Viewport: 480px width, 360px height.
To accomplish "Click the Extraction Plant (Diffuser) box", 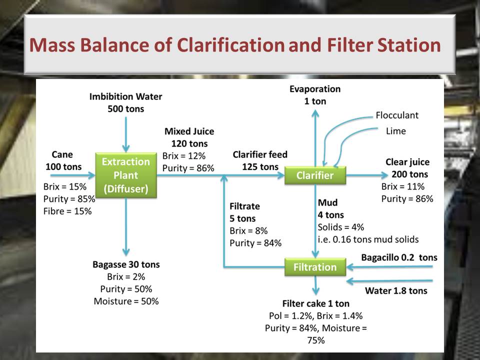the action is pos(126,175).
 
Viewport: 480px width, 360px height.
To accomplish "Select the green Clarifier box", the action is pos(315,175).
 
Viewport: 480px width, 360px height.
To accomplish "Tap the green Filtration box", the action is pos(315,267).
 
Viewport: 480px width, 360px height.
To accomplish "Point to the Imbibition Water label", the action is pos(126,96).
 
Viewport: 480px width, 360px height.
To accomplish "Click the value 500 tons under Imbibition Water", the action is pos(126,109).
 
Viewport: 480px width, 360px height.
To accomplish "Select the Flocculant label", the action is pos(397,115).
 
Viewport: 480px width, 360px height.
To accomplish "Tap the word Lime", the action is pos(396,131).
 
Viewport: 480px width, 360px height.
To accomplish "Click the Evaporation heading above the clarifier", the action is pos(315,89).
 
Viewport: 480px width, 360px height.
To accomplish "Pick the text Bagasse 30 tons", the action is pos(126,264).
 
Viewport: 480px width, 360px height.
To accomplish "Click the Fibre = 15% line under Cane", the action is pos(67,211).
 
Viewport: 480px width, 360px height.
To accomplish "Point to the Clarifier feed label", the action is pos(260,154).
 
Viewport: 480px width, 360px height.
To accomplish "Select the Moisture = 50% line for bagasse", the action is pos(126,301).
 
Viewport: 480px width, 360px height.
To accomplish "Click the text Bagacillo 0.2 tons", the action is pos(399,257).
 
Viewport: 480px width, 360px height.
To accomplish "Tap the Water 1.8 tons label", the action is pos(396,290).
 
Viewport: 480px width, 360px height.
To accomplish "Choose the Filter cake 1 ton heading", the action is pos(315,303).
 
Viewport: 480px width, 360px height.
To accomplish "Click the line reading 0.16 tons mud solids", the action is pos(368,239).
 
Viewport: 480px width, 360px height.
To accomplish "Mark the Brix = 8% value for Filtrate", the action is pos(248,230).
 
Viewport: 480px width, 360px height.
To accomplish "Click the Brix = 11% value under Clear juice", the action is pos(403,186).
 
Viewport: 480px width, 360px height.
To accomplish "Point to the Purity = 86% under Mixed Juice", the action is pos(188,168).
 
